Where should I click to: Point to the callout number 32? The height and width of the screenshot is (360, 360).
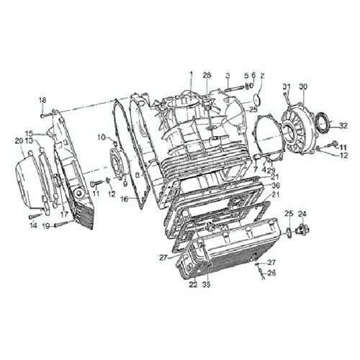tap(343, 125)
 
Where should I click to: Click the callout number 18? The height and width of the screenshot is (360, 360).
tap(42, 99)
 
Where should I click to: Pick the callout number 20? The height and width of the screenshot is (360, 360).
tap(19, 140)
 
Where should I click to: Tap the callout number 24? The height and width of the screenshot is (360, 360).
tap(302, 213)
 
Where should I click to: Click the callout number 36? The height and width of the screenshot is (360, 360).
tap(276, 185)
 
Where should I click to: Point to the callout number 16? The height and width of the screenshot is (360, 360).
tap(123, 199)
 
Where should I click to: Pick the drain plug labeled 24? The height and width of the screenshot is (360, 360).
tap(302, 230)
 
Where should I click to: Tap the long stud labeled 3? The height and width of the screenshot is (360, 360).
tap(234, 90)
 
